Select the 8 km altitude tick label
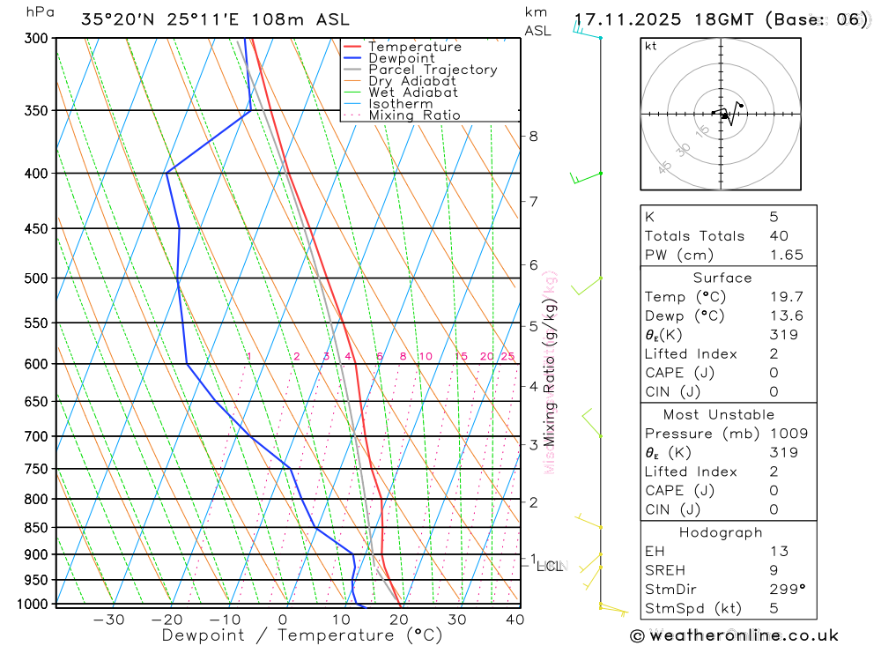tap(534, 136)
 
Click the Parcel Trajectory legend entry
tap(433, 70)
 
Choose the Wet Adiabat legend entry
tap(413, 93)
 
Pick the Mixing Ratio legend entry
tap(414, 115)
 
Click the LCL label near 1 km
tap(550, 566)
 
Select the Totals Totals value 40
tap(779, 236)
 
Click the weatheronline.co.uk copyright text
tap(734, 635)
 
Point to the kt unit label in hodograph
tap(651, 46)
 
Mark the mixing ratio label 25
tap(507, 356)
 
